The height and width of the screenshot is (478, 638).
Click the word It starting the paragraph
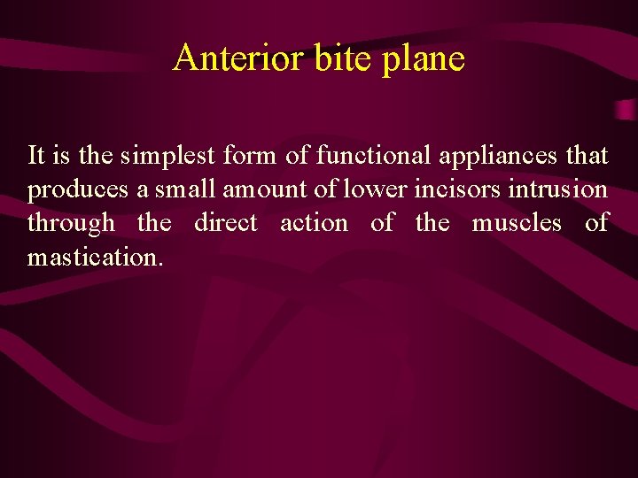coord(36,156)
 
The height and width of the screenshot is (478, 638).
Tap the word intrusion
coord(554,189)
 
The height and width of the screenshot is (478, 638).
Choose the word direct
coord(226,223)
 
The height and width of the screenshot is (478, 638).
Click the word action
coord(314,223)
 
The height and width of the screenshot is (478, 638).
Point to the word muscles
coord(517,223)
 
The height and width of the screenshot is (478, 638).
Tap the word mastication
coord(95,257)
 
